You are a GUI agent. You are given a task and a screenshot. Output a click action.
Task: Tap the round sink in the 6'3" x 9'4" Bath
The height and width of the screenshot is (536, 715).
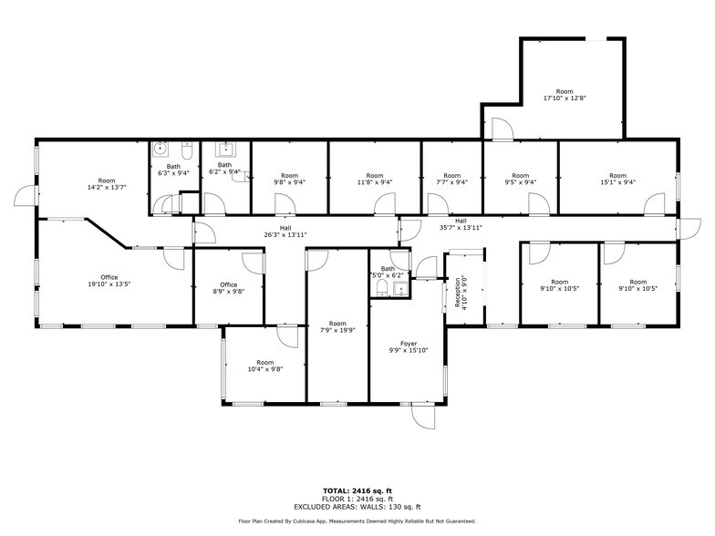(x=161, y=148)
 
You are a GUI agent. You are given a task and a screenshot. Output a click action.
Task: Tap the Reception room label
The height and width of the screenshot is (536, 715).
(x=459, y=293)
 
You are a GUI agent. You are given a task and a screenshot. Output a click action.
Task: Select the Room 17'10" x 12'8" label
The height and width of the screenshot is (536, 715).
(x=565, y=94)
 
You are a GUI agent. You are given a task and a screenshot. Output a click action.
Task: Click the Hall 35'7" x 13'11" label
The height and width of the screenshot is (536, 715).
(x=461, y=224)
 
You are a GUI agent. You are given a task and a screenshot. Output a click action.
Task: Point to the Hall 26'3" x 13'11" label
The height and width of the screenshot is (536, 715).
(x=285, y=232)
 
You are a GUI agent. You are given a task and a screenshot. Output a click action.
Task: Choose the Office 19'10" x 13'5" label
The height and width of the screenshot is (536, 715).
(x=109, y=280)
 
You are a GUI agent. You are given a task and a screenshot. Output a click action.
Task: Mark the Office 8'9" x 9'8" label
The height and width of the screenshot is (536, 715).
(x=228, y=288)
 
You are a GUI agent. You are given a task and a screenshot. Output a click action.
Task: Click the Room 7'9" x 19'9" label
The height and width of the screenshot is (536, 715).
(x=337, y=326)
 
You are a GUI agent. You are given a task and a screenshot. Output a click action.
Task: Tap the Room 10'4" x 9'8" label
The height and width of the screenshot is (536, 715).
(x=264, y=366)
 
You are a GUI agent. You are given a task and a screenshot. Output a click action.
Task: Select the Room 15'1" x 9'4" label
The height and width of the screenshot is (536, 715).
(x=617, y=179)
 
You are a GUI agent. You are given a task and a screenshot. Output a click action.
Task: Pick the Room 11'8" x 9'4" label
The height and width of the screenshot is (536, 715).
(x=374, y=179)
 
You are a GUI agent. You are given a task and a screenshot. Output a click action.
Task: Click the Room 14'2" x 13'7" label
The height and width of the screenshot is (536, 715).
(x=108, y=184)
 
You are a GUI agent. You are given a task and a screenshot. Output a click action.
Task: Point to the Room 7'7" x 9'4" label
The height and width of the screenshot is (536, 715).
(x=451, y=179)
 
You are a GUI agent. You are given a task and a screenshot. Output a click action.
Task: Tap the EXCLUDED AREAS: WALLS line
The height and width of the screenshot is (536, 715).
(x=357, y=506)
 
